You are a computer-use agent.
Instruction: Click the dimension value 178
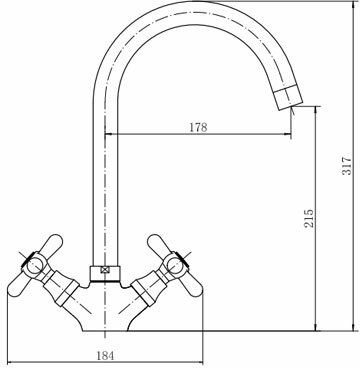coord(198,127)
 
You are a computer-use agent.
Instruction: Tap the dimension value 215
coord(309,218)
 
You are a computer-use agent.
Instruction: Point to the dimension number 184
coord(105,355)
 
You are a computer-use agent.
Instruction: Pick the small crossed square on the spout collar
coord(105,271)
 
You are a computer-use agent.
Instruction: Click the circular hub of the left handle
coord(34,266)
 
